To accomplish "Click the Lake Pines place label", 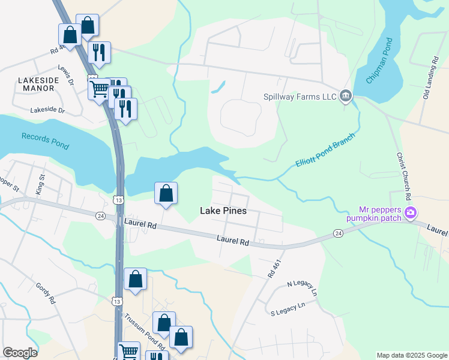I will [223, 211].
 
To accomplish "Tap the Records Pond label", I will [46, 140].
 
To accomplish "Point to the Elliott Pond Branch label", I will [325, 151].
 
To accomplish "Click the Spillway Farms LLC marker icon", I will [345, 96].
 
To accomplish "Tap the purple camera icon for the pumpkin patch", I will [411, 212].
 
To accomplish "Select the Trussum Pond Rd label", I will [143, 331].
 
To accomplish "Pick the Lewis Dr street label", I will [65, 72].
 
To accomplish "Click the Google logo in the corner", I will [20, 353].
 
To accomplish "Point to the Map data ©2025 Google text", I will [411, 355].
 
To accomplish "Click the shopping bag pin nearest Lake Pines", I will [166, 194].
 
